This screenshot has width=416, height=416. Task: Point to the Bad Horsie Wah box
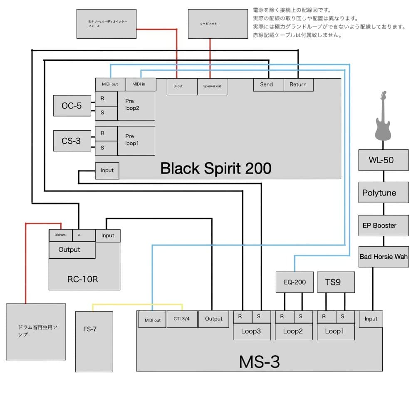[384, 257]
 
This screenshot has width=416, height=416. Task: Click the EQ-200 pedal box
[295, 282]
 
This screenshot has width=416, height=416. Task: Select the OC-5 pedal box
[72, 106]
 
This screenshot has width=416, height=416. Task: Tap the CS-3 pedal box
[72, 141]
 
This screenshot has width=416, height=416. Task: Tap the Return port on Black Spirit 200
[298, 84]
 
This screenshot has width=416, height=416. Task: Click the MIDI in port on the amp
[141, 84]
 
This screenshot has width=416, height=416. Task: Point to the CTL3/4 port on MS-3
[182, 319]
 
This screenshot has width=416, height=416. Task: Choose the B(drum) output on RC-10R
[61, 235]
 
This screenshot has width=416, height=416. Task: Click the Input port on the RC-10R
[108, 235]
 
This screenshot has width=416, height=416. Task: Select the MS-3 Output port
[214, 319]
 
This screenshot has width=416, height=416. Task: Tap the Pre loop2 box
[136, 106]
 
